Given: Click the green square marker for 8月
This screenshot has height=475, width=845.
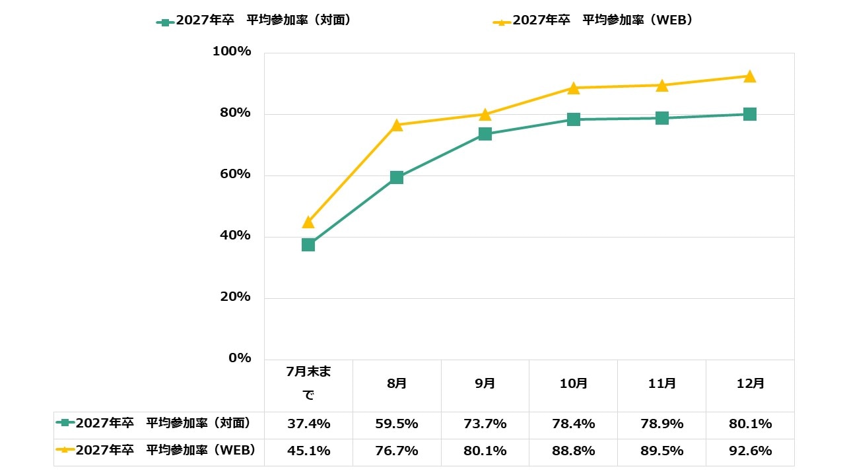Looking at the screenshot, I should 397,177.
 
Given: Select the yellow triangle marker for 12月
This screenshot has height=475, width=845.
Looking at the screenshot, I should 750,77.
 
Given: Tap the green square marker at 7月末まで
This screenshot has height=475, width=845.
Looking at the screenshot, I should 308,245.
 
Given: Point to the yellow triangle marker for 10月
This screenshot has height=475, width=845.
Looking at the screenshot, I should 574,88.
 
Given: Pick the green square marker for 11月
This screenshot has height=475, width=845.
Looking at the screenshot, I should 662,118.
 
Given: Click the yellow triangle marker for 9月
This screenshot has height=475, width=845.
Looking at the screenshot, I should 485,115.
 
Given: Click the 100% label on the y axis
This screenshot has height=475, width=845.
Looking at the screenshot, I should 232,51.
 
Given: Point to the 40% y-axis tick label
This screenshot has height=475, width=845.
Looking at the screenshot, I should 232,236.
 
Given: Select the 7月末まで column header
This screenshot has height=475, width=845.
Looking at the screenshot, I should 308,383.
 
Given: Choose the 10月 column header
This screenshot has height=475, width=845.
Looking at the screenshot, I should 574,383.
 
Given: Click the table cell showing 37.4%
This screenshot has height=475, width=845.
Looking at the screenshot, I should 308,424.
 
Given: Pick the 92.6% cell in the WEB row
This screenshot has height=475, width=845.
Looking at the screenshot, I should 750,451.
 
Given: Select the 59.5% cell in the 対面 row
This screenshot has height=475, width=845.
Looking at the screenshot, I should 397,424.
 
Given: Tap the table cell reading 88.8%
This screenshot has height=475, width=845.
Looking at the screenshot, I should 574,451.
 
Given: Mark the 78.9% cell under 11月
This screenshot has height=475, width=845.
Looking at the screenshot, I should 662,424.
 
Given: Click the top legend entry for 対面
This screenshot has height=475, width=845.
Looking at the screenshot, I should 253,20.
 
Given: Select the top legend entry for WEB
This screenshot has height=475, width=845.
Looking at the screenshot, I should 593,20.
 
